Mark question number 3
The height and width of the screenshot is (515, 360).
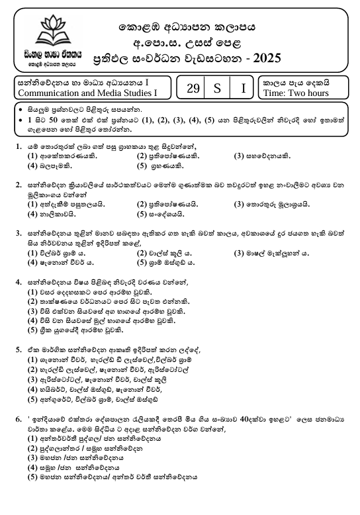click(x=17, y=232)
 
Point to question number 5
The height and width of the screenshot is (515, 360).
click(x=17, y=348)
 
